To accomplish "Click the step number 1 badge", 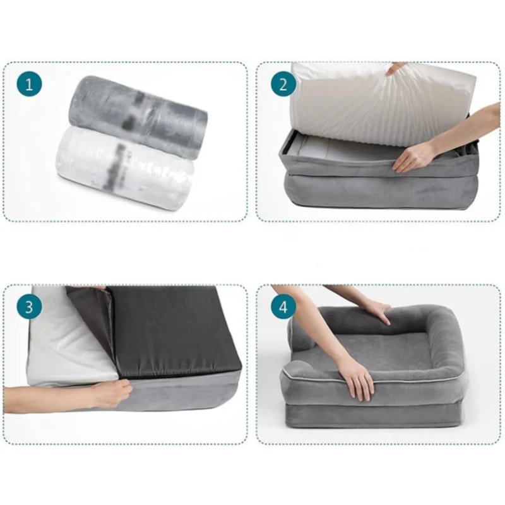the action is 29,84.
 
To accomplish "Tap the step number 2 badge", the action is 283,84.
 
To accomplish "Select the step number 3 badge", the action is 29,307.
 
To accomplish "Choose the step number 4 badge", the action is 283,307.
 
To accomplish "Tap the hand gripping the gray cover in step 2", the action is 414,156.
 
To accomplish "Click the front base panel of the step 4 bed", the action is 371,415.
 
